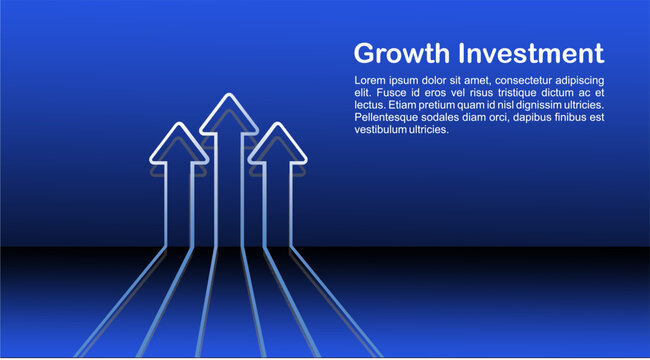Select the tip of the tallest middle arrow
click(x=229, y=96)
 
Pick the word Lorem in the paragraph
click(x=371, y=80)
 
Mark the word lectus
click(x=369, y=105)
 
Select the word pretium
click(x=444, y=105)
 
